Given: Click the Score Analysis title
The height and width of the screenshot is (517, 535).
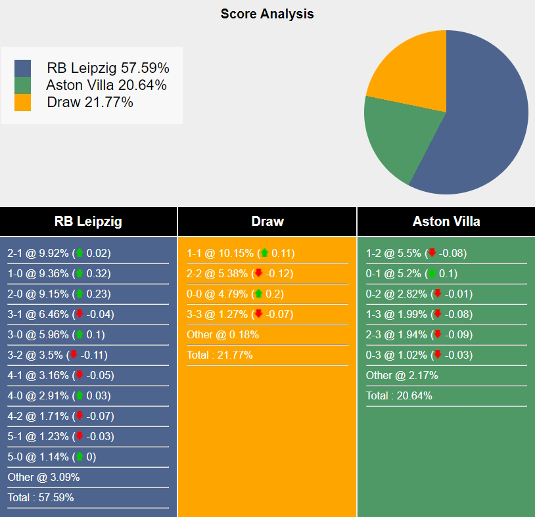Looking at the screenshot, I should [x=267, y=14].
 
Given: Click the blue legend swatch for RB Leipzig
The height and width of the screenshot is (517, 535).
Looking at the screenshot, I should [x=22, y=68].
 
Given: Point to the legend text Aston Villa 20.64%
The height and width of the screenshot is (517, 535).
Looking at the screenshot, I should [x=106, y=85].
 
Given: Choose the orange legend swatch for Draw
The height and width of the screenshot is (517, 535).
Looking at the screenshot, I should [x=22, y=102].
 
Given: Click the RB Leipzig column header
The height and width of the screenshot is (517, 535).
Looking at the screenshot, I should [x=88, y=221].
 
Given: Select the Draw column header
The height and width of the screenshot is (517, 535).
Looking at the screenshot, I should [x=267, y=221].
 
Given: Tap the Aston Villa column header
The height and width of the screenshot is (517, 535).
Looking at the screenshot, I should [x=446, y=221].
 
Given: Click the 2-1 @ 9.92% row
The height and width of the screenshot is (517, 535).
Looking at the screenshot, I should [x=59, y=254].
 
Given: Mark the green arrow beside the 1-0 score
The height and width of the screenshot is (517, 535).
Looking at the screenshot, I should [x=79, y=274].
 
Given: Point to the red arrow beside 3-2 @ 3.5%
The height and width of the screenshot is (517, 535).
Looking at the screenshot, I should [x=74, y=355].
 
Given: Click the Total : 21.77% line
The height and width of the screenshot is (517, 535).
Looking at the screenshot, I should [x=220, y=355].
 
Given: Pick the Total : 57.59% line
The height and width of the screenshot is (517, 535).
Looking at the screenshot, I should [x=41, y=498].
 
